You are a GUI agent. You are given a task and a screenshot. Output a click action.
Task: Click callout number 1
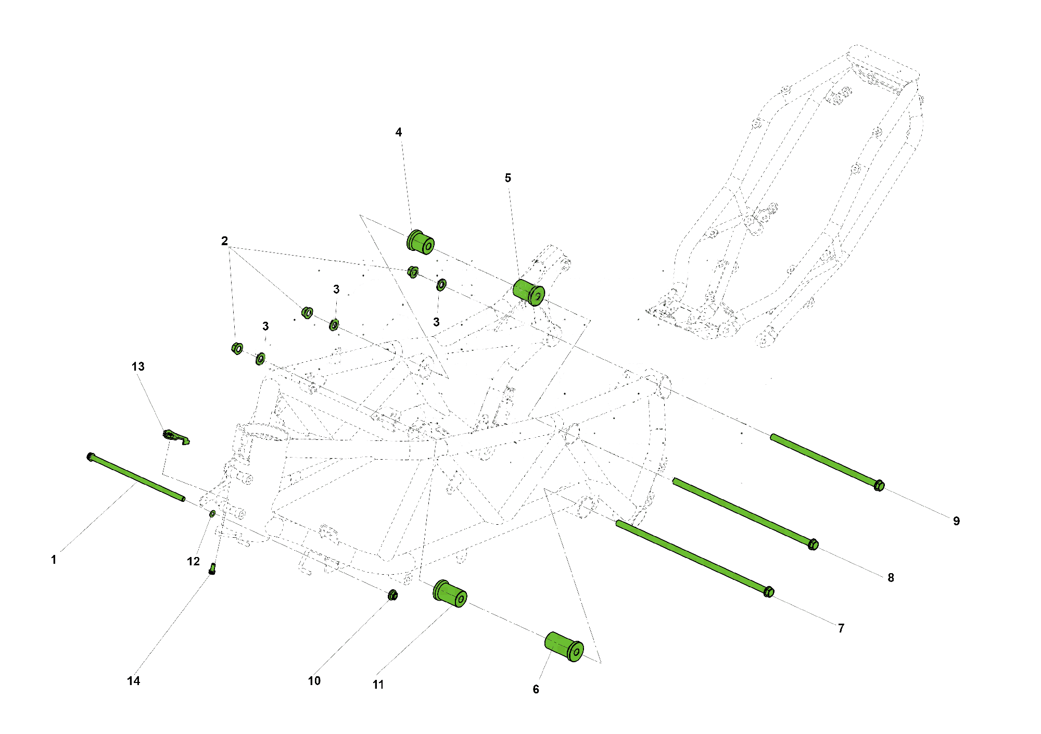click(x=54, y=560)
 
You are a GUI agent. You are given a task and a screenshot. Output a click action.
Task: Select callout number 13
click(x=138, y=366)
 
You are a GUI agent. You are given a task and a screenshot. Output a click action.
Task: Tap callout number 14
click(x=133, y=681)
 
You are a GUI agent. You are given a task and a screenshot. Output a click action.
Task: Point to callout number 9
click(x=956, y=521)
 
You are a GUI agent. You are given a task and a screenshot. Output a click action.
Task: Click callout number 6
click(x=536, y=689)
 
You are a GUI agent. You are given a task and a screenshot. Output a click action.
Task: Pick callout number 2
click(x=224, y=241)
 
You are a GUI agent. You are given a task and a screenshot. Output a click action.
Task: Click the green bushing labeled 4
click(x=420, y=242)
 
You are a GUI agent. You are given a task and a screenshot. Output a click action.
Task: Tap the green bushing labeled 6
click(x=564, y=647)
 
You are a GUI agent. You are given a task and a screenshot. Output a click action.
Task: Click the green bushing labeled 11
click(x=450, y=593)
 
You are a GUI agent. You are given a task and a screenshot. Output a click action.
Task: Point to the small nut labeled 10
click(x=393, y=594)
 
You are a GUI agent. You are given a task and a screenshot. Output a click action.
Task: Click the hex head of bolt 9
click(x=879, y=486)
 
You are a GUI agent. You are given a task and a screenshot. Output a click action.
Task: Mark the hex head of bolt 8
click(x=814, y=545)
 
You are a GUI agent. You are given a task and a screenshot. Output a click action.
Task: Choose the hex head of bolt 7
click(x=769, y=592)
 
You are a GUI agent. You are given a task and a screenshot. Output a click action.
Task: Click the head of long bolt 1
click(x=91, y=457)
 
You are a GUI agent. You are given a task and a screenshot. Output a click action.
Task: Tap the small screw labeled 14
click(x=212, y=568)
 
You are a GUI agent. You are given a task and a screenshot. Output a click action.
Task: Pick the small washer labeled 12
click(x=212, y=514)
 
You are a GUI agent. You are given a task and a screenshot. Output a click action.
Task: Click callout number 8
click(x=891, y=578)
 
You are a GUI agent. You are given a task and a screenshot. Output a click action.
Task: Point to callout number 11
click(x=378, y=685)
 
